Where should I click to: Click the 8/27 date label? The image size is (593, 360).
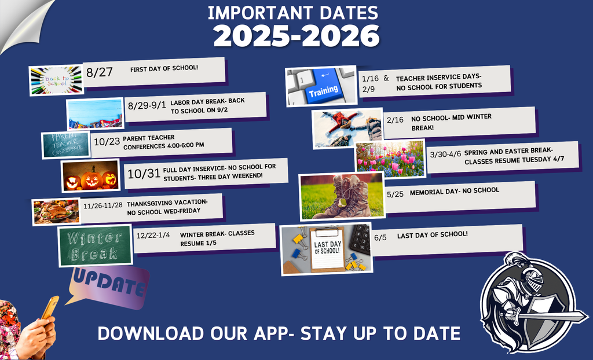[99, 72]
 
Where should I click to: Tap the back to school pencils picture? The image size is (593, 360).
[56, 80]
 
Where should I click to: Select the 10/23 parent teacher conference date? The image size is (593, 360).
[107, 141]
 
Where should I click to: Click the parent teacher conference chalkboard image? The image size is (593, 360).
[65, 145]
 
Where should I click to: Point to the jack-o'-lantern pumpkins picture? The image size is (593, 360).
[90, 176]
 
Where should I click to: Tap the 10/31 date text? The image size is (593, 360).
[143, 174]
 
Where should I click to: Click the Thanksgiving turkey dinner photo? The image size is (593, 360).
[56, 211]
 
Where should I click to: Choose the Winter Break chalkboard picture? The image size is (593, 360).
[95, 245]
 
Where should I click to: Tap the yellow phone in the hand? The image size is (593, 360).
[50, 307]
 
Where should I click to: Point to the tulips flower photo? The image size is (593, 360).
[390, 159]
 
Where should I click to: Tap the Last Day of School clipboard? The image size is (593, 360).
[327, 249]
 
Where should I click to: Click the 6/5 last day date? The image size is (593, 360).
[380, 237]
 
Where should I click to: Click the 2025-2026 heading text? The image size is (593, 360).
[296, 36]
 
